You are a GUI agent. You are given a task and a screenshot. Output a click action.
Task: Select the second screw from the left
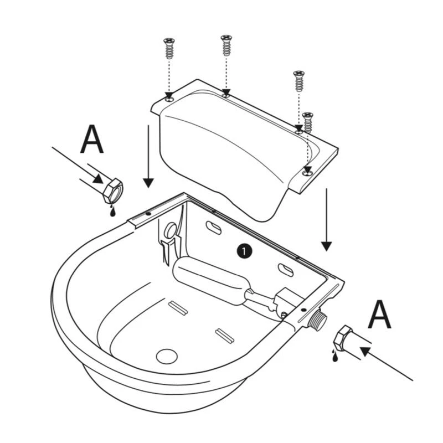226,45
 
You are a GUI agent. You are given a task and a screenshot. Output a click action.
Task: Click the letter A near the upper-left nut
92,140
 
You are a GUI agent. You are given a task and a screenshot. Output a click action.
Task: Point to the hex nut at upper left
114,189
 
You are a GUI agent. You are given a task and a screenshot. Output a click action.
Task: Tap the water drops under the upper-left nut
112,210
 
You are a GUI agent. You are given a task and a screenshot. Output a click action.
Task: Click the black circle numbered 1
244,251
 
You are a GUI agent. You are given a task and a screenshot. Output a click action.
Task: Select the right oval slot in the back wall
286,270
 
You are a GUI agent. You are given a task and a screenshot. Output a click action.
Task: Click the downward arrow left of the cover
148,155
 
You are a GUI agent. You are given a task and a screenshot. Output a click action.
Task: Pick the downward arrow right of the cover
327,219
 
